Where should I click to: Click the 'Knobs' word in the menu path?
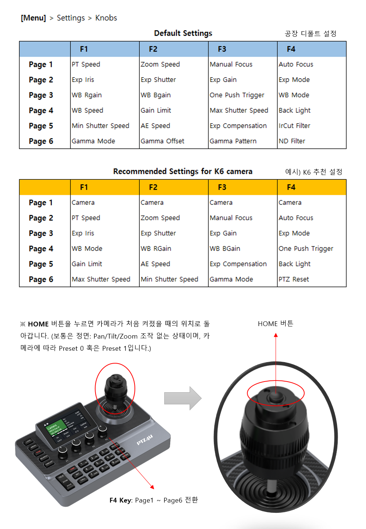coord(106,18)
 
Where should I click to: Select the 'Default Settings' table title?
coord(183,33)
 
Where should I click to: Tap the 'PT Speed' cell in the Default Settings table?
coord(86,64)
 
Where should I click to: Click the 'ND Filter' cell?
coord(292,141)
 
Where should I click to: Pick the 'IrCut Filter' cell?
coord(294,126)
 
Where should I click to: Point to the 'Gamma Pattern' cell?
coord(233,141)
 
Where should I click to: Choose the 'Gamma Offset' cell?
coord(162,141)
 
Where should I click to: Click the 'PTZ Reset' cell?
coord(294,279)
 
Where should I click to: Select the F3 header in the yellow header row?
coord(222,187)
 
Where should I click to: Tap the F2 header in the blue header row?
coord(153,49)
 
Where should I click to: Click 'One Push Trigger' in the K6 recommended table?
coord(306,249)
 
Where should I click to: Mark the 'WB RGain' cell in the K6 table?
coord(156,249)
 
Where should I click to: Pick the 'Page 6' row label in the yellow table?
coord(41,280)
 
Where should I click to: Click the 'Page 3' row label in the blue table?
coord(41,96)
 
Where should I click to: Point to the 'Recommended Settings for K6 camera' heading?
coord(183,172)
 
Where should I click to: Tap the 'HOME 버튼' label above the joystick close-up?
coord(275,324)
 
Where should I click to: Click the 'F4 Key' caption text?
coord(120,500)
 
